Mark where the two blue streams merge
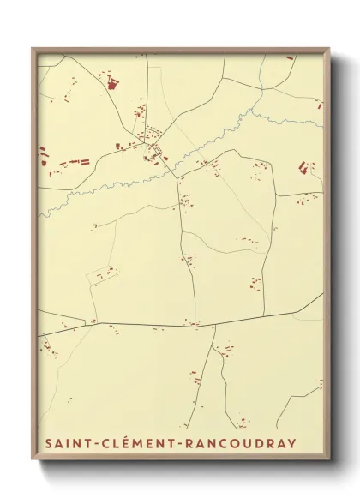[x=255, y=109]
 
